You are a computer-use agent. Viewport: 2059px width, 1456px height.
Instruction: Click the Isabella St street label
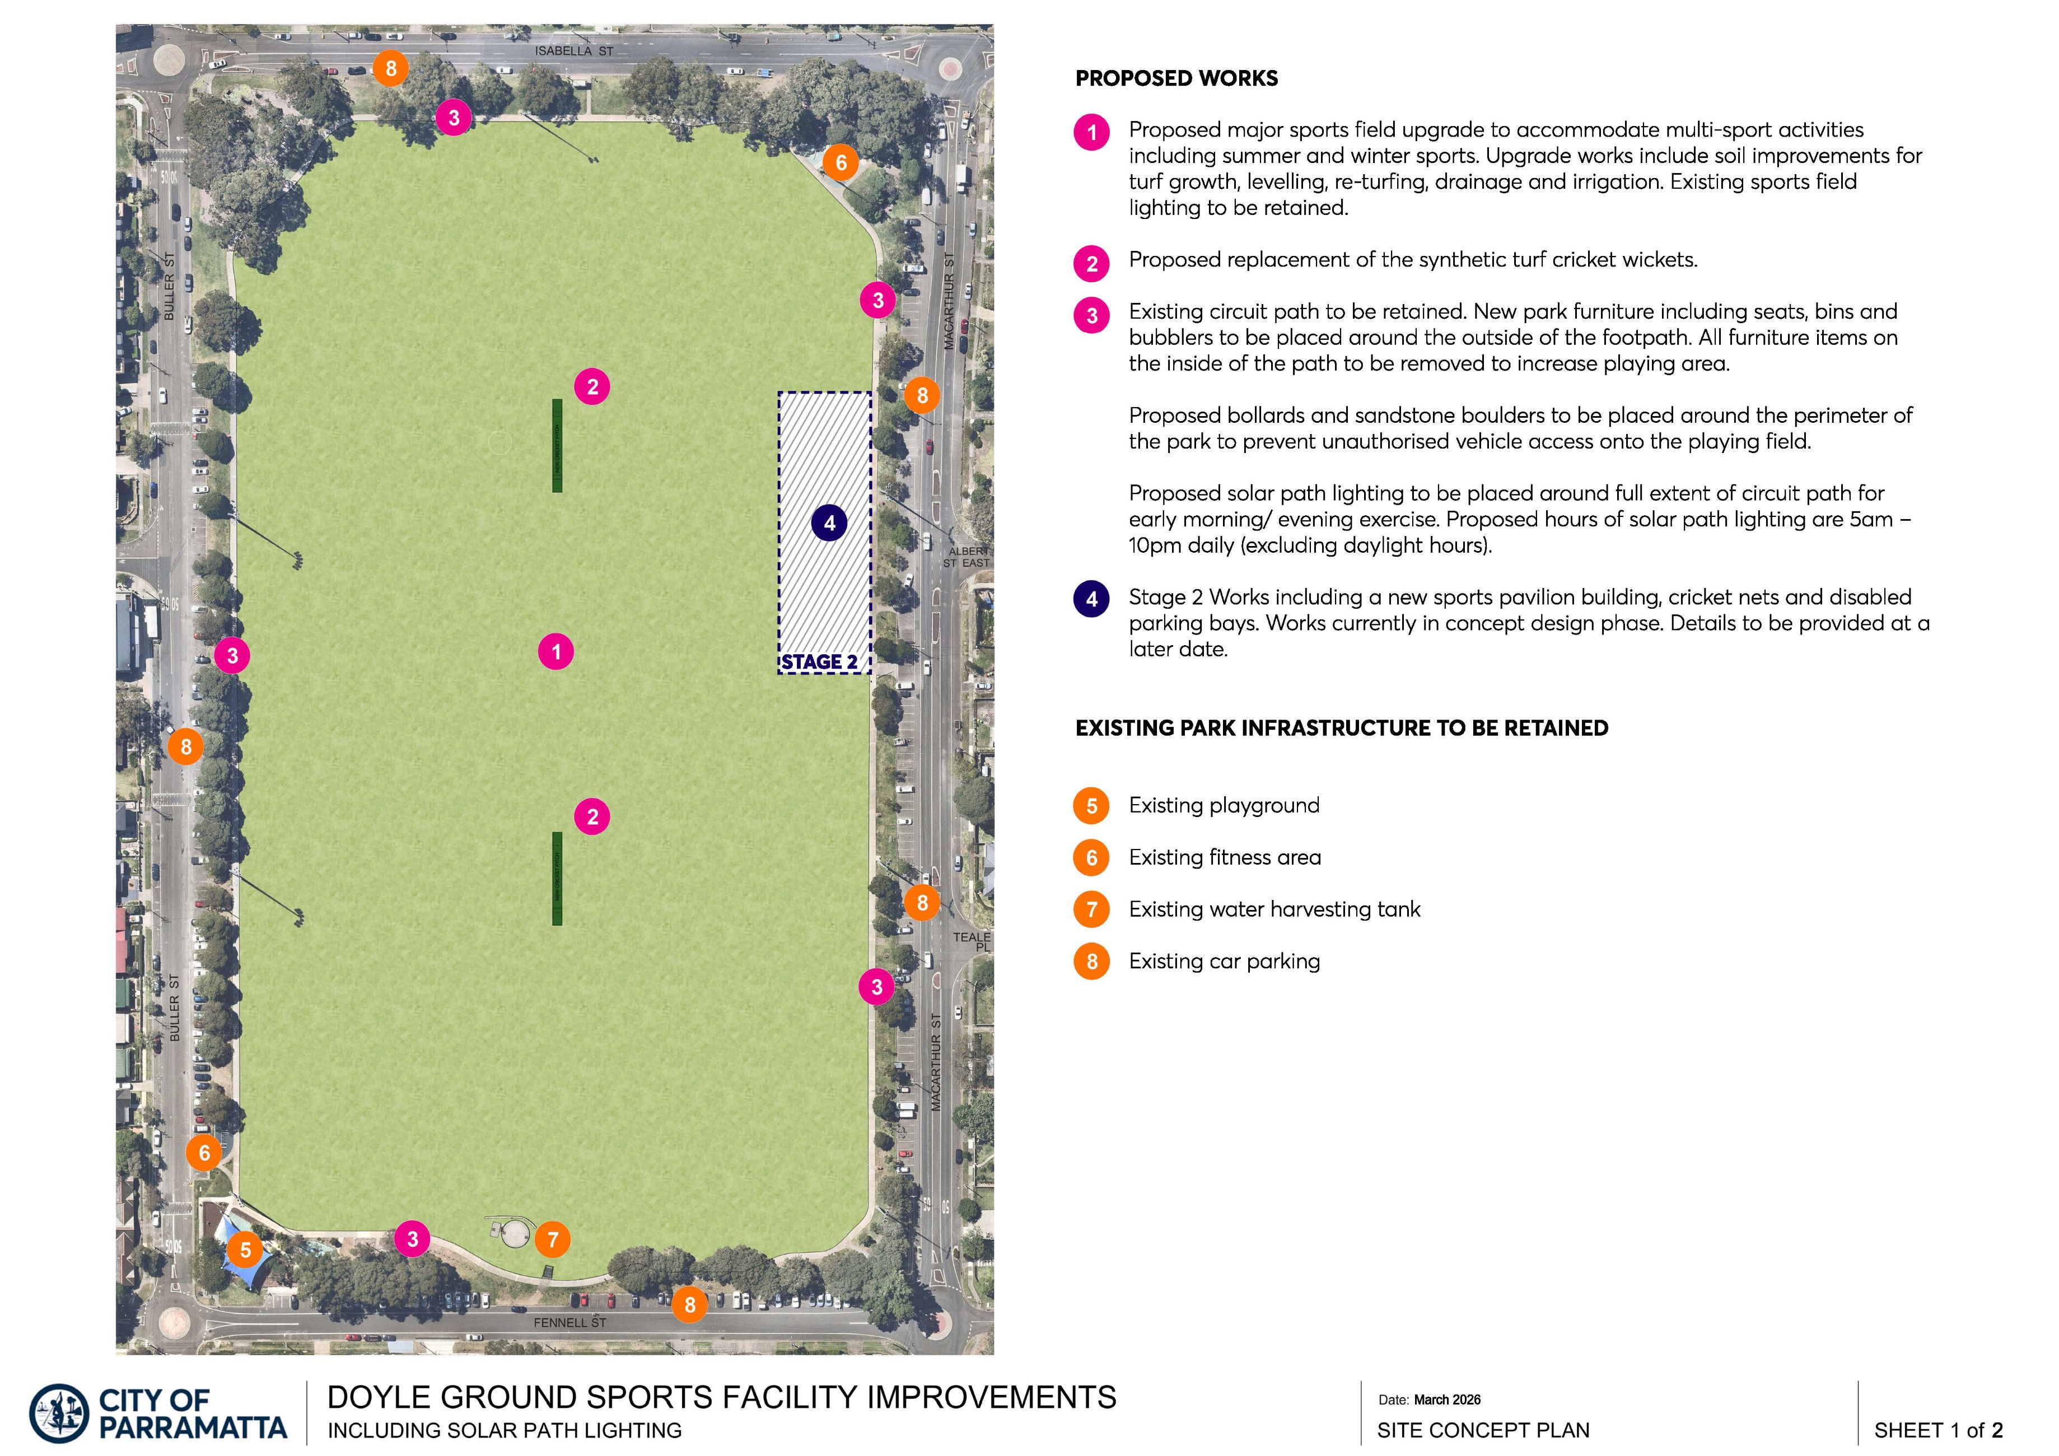(574, 51)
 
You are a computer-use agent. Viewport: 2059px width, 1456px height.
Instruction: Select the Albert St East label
(967, 557)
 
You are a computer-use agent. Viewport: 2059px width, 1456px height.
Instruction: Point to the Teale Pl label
(972, 941)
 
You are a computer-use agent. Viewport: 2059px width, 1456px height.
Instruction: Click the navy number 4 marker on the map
(829, 523)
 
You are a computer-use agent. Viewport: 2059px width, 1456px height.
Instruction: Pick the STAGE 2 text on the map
(819, 662)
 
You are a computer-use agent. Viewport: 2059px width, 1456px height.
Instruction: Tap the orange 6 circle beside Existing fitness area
(1091, 857)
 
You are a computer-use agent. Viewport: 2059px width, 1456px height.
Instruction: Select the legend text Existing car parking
(1224, 962)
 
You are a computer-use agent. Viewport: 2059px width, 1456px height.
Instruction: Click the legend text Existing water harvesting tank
(1274, 909)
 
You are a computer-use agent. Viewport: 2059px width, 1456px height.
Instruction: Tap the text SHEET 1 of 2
(1938, 1430)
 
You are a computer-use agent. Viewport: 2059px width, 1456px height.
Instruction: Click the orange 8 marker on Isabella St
(391, 68)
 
